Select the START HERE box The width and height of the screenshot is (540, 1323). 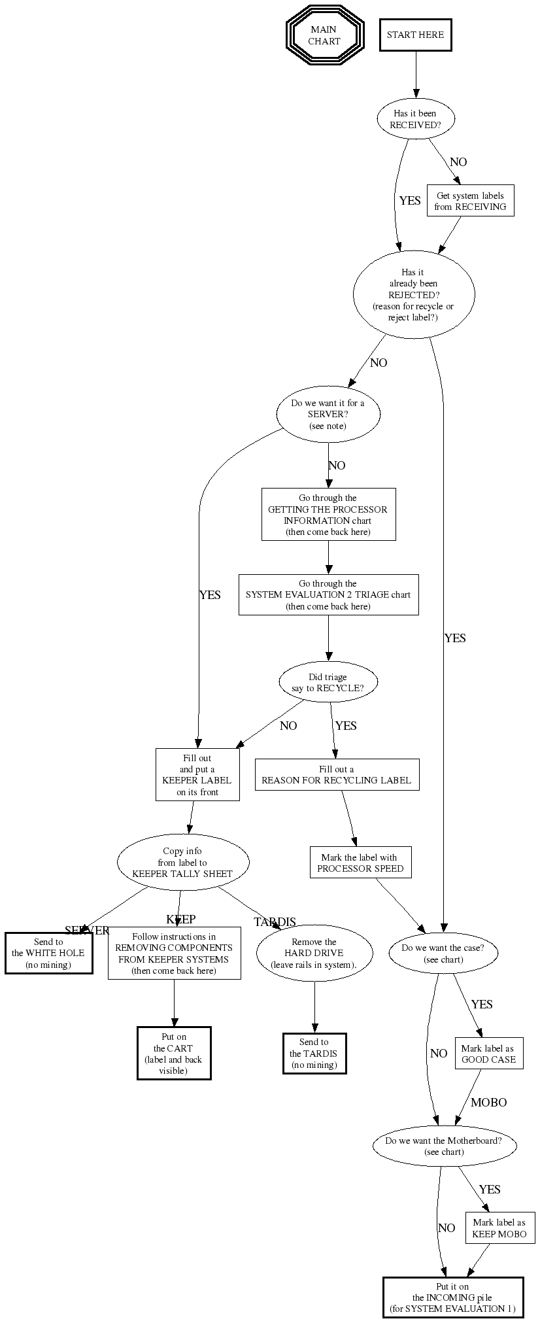[x=415, y=35]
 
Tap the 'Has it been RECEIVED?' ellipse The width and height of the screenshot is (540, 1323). [x=415, y=118]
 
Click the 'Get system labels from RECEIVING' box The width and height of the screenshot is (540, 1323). [x=470, y=201]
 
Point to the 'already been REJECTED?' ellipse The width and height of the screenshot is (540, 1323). [x=413, y=294]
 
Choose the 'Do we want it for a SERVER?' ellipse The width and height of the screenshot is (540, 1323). [x=328, y=415]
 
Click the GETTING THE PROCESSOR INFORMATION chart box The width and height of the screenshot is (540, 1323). [x=328, y=515]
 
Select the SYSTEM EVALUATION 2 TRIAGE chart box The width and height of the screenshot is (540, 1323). [x=328, y=594]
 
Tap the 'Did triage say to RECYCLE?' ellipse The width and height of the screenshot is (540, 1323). [x=328, y=683]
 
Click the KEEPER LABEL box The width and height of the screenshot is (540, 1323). [x=197, y=775]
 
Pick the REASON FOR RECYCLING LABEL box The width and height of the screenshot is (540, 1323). [x=337, y=774]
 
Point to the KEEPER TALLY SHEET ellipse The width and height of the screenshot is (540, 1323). [x=182, y=862]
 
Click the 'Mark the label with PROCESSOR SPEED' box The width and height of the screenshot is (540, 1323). [x=360, y=863]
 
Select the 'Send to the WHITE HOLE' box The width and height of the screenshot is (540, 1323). [x=48, y=954]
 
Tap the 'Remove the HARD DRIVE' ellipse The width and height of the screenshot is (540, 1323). [x=314, y=954]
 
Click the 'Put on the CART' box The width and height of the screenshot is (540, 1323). [x=174, y=1054]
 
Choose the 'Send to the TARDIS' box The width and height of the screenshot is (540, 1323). [x=314, y=1054]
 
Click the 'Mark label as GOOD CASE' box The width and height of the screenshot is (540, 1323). [x=489, y=1054]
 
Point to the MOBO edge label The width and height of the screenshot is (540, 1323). [x=488, y=1103]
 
